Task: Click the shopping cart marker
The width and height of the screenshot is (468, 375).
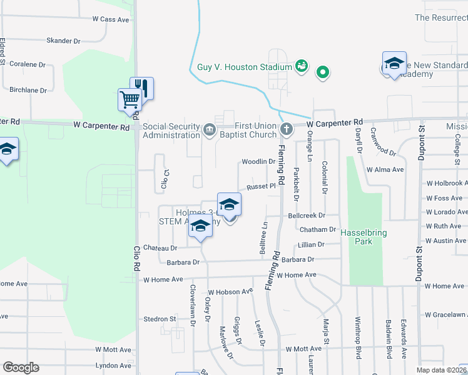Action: click(130, 99)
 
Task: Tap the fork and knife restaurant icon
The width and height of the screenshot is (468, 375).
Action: click(142, 87)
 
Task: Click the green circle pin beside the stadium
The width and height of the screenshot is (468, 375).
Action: click(323, 72)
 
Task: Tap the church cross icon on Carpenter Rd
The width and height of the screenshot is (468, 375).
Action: click(287, 130)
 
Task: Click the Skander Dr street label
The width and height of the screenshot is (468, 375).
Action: click(64, 41)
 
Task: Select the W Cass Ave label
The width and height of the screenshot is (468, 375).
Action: click(110, 20)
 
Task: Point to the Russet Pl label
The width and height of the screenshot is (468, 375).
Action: click(261, 186)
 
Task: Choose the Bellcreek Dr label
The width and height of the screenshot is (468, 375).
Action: click(304, 215)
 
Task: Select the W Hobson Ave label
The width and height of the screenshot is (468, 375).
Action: click(230, 291)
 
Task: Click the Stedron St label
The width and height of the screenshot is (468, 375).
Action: click(160, 319)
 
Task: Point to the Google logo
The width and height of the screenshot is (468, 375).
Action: click(21, 367)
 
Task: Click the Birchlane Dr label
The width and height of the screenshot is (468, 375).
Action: click(28, 90)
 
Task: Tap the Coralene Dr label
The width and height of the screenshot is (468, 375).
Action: click(29, 64)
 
